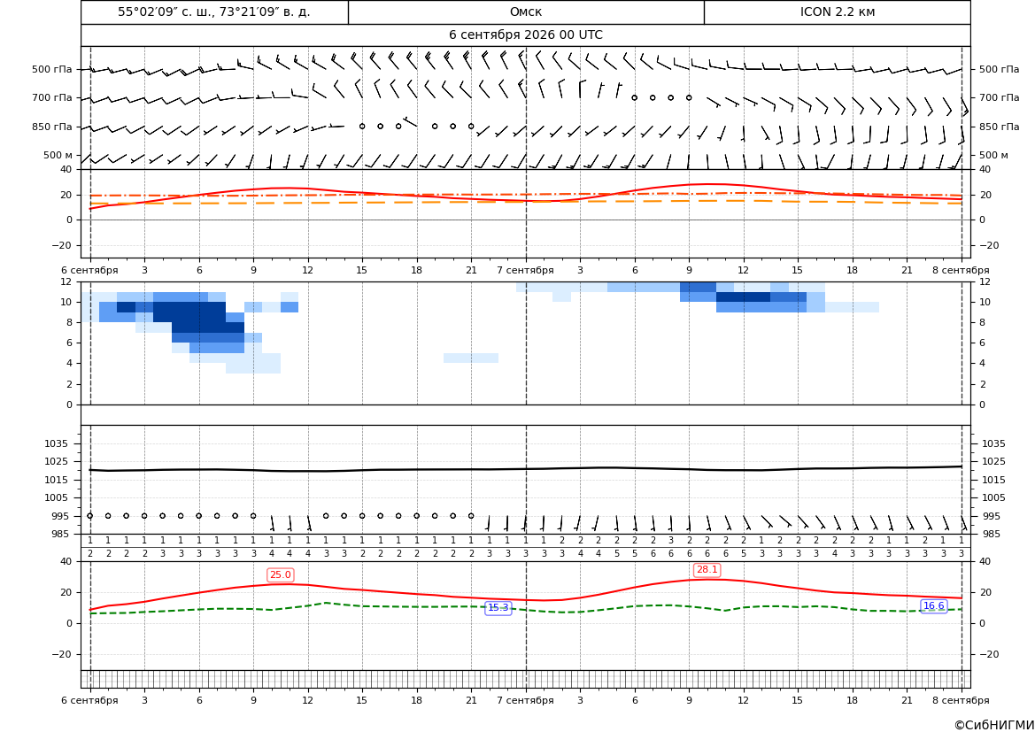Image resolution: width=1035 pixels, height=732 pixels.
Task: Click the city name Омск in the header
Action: coord(526,12)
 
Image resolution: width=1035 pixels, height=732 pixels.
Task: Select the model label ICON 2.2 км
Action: coord(838,12)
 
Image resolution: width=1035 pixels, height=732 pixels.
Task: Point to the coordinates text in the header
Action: coord(214,12)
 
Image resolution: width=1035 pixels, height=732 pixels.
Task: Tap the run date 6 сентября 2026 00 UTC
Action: coord(526,35)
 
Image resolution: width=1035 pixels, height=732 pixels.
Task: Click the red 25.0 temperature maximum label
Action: coord(281,575)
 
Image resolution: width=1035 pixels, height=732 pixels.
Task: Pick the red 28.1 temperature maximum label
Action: coord(707,570)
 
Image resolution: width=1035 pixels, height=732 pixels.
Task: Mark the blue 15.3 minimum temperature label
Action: coord(498,608)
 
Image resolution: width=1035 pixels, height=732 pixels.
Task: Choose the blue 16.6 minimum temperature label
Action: coord(933,606)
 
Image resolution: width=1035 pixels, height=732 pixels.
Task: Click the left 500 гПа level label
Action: coord(52,69)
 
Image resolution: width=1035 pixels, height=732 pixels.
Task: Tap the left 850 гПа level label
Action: coord(52,127)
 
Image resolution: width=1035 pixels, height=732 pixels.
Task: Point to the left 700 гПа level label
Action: coord(52,97)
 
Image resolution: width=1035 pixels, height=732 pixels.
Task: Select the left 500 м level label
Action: coord(58,155)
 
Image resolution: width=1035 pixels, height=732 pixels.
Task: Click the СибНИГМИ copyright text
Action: coord(993,725)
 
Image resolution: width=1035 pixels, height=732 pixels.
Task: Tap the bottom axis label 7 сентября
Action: coord(525,700)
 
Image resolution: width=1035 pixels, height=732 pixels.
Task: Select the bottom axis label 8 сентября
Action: coord(961,700)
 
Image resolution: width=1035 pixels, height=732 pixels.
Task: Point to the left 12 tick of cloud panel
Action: coord(66,281)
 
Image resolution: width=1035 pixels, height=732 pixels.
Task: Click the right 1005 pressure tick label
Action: coord(994,497)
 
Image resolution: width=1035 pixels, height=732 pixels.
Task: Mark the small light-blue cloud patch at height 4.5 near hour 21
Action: coord(471,358)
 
